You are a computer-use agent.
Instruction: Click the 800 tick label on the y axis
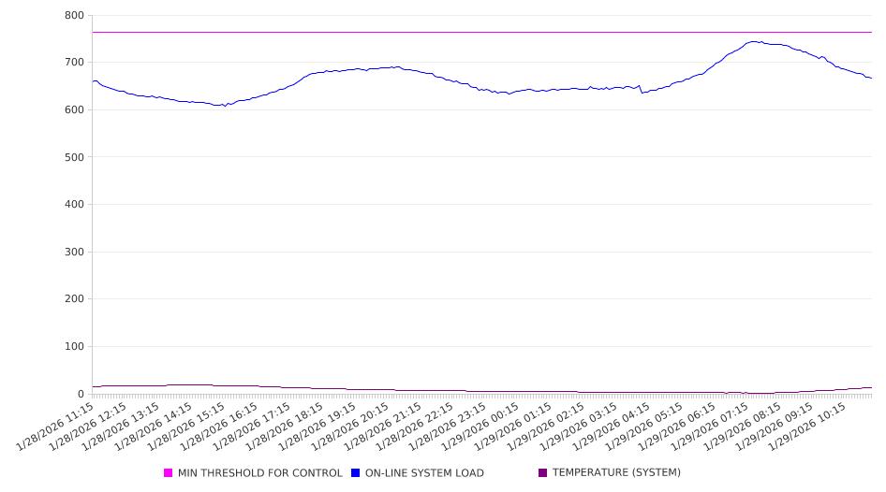point(75,16)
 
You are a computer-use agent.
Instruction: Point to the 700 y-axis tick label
point(75,63)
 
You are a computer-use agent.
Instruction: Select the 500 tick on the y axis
point(75,157)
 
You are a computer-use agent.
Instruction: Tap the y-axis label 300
point(75,252)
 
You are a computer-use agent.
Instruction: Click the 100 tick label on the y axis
point(75,347)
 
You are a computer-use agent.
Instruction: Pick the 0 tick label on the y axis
point(81,394)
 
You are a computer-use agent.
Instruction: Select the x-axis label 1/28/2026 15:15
point(186,427)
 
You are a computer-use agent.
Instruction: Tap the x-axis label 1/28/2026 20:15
point(349,427)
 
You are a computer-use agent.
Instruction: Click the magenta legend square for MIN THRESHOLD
point(169,473)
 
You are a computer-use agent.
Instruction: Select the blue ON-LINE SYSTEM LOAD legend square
point(356,473)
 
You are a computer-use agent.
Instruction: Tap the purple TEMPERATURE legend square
point(543,473)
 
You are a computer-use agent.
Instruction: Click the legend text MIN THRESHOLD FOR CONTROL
point(260,473)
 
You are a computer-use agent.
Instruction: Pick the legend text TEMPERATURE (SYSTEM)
point(616,473)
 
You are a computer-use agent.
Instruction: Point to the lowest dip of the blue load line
point(224,106)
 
